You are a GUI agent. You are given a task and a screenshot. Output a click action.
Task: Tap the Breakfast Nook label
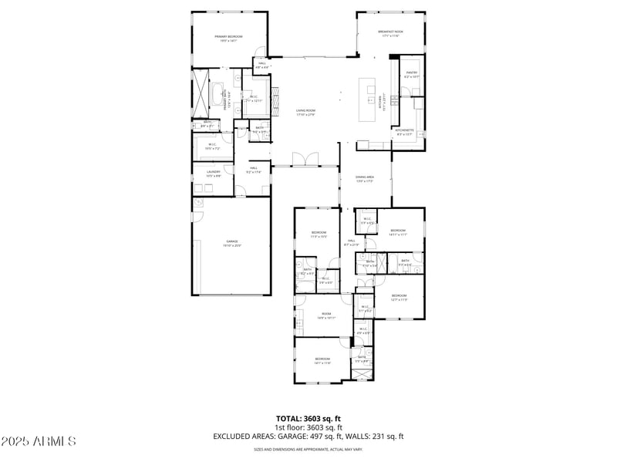[x=390, y=33]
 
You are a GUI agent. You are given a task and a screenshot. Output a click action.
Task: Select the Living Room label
[x=306, y=112]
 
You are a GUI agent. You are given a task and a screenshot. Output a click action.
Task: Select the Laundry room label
[x=213, y=173]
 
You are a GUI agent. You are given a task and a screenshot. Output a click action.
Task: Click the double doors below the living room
[x=306, y=160]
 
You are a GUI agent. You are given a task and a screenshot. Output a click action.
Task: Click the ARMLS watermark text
[x=39, y=441]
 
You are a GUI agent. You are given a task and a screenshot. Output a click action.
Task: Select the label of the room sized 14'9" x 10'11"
[x=326, y=315]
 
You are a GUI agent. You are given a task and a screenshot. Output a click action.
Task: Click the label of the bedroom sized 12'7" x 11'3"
[x=399, y=297]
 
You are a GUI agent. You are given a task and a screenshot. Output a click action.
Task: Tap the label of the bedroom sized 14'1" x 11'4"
[x=322, y=360]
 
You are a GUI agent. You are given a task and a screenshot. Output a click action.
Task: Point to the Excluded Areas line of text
[x=308, y=436]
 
